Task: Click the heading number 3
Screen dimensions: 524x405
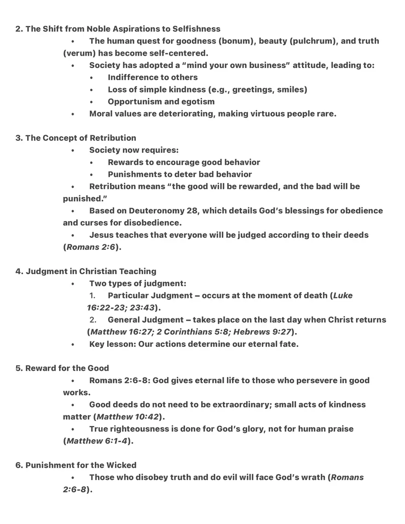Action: click(19, 138)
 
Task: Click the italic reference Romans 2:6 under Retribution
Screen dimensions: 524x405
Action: click(91, 247)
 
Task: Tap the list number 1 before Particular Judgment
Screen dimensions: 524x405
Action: click(92, 296)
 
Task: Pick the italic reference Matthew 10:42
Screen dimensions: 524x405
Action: click(128, 417)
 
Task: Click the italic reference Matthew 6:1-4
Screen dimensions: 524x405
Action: click(97, 441)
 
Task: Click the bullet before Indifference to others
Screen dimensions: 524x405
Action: click(92, 78)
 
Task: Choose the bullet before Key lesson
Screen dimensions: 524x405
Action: click(73, 344)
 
